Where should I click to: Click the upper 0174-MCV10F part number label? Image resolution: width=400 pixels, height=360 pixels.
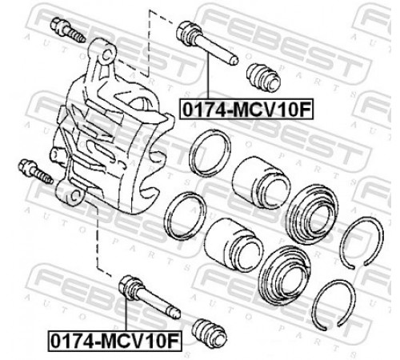(x=246, y=109)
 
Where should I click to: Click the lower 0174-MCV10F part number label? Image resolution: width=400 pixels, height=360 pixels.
(x=114, y=341)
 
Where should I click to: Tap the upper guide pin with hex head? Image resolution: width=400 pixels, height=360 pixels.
(x=206, y=42)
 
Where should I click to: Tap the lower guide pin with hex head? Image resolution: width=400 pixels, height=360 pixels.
(x=149, y=297)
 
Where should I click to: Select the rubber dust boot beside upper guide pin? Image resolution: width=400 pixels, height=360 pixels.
(x=263, y=78)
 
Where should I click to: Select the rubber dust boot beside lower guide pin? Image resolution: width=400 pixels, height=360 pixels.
(x=210, y=334)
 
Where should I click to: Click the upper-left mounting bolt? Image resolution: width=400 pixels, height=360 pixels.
(x=68, y=30)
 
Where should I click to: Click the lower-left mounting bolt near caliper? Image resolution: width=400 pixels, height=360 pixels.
(x=35, y=171)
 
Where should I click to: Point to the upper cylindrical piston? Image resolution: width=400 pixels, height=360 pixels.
(x=261, y=183)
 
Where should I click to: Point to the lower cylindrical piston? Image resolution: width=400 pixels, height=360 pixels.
(x=234, y=244)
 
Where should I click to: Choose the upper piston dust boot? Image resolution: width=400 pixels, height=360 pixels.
(x=312, y=213)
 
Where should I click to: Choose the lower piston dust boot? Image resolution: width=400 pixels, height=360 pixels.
(x=285, y=275)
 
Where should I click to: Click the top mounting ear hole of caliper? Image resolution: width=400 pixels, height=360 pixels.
(x=106, y=55)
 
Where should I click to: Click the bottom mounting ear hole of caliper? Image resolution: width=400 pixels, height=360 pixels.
(x=75, y=196)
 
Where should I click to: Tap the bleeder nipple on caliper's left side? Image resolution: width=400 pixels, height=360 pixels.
(x=57, y=154)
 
